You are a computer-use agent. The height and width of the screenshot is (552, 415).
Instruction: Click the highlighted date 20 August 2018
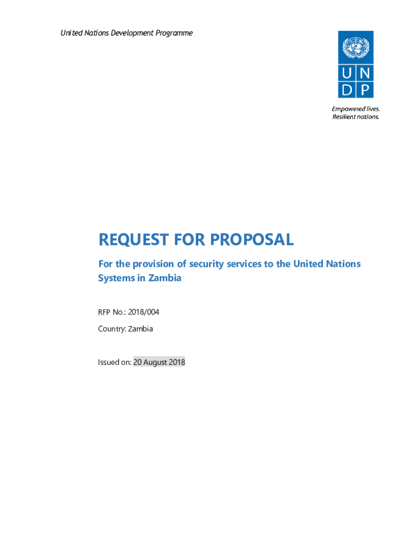point(159,362)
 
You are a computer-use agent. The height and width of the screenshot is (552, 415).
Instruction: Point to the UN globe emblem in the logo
point(355,48)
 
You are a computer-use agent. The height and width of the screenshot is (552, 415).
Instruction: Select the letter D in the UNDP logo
point(347,89)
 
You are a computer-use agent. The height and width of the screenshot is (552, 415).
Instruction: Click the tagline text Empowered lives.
point(356,109)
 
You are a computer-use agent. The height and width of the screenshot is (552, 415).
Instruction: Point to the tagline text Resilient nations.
point(356,117)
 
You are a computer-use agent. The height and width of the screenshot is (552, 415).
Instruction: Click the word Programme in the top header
point(172,33)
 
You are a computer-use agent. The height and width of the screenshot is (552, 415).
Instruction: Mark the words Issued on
point(114,362)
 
